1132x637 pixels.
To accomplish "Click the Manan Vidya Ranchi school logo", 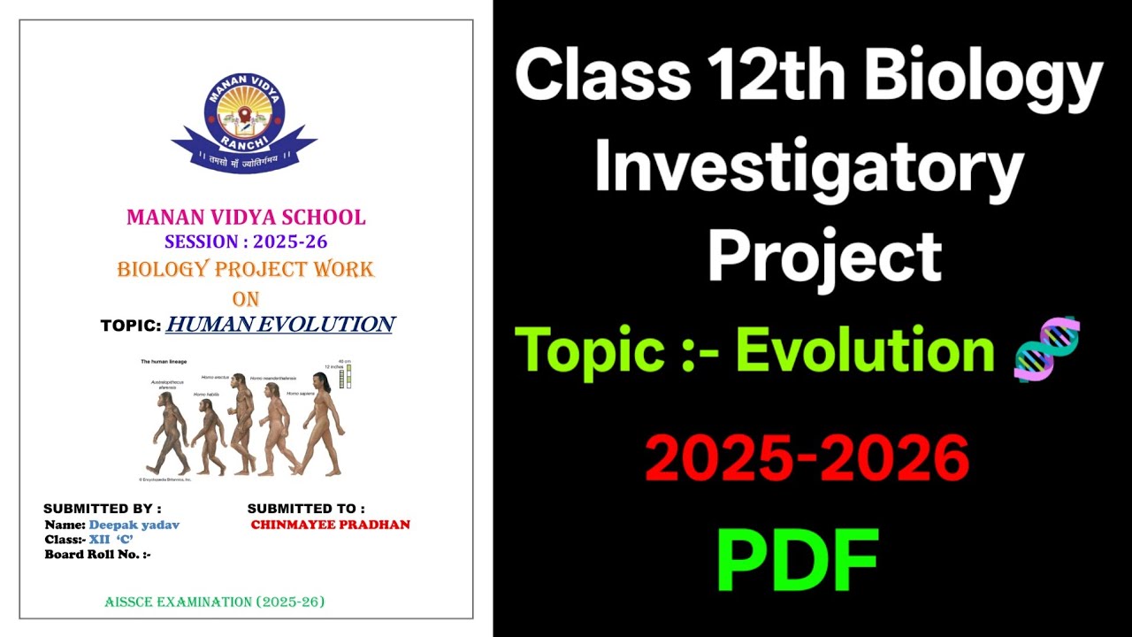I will pyautogui.click(x=244, y=120).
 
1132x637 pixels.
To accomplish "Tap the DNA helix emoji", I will pyautogui.click(x=1047, y=349).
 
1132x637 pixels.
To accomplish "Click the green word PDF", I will pyautogui.click(x=797, y=560).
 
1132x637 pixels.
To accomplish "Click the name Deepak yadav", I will pyautogui.click(x=134, y=525).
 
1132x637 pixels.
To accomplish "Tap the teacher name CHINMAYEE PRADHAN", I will pyautogui.click(x=331, y=525).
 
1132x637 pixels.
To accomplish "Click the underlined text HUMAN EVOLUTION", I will pyautogui.click(x=279, y=325).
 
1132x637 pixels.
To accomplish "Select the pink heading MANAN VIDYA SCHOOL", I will pyautogui.click(x=246, y=217).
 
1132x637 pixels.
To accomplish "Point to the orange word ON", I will pyautogui.click(x=245, y=298).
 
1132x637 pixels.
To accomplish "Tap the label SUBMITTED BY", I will pyautogui.click(x=103, y=509).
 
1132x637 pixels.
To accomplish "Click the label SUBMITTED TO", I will pyautogui.click(x=306, y=509).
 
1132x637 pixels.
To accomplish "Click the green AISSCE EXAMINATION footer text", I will pyautogui.click(x=215, y=602).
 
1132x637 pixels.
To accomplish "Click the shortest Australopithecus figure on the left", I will pyautogui.click(x=168, y=434).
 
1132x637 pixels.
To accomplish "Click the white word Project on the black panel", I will pyautogui.click(x=824, y=256).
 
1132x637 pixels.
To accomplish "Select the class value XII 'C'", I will pyautogui.click(x=111, y=540).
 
